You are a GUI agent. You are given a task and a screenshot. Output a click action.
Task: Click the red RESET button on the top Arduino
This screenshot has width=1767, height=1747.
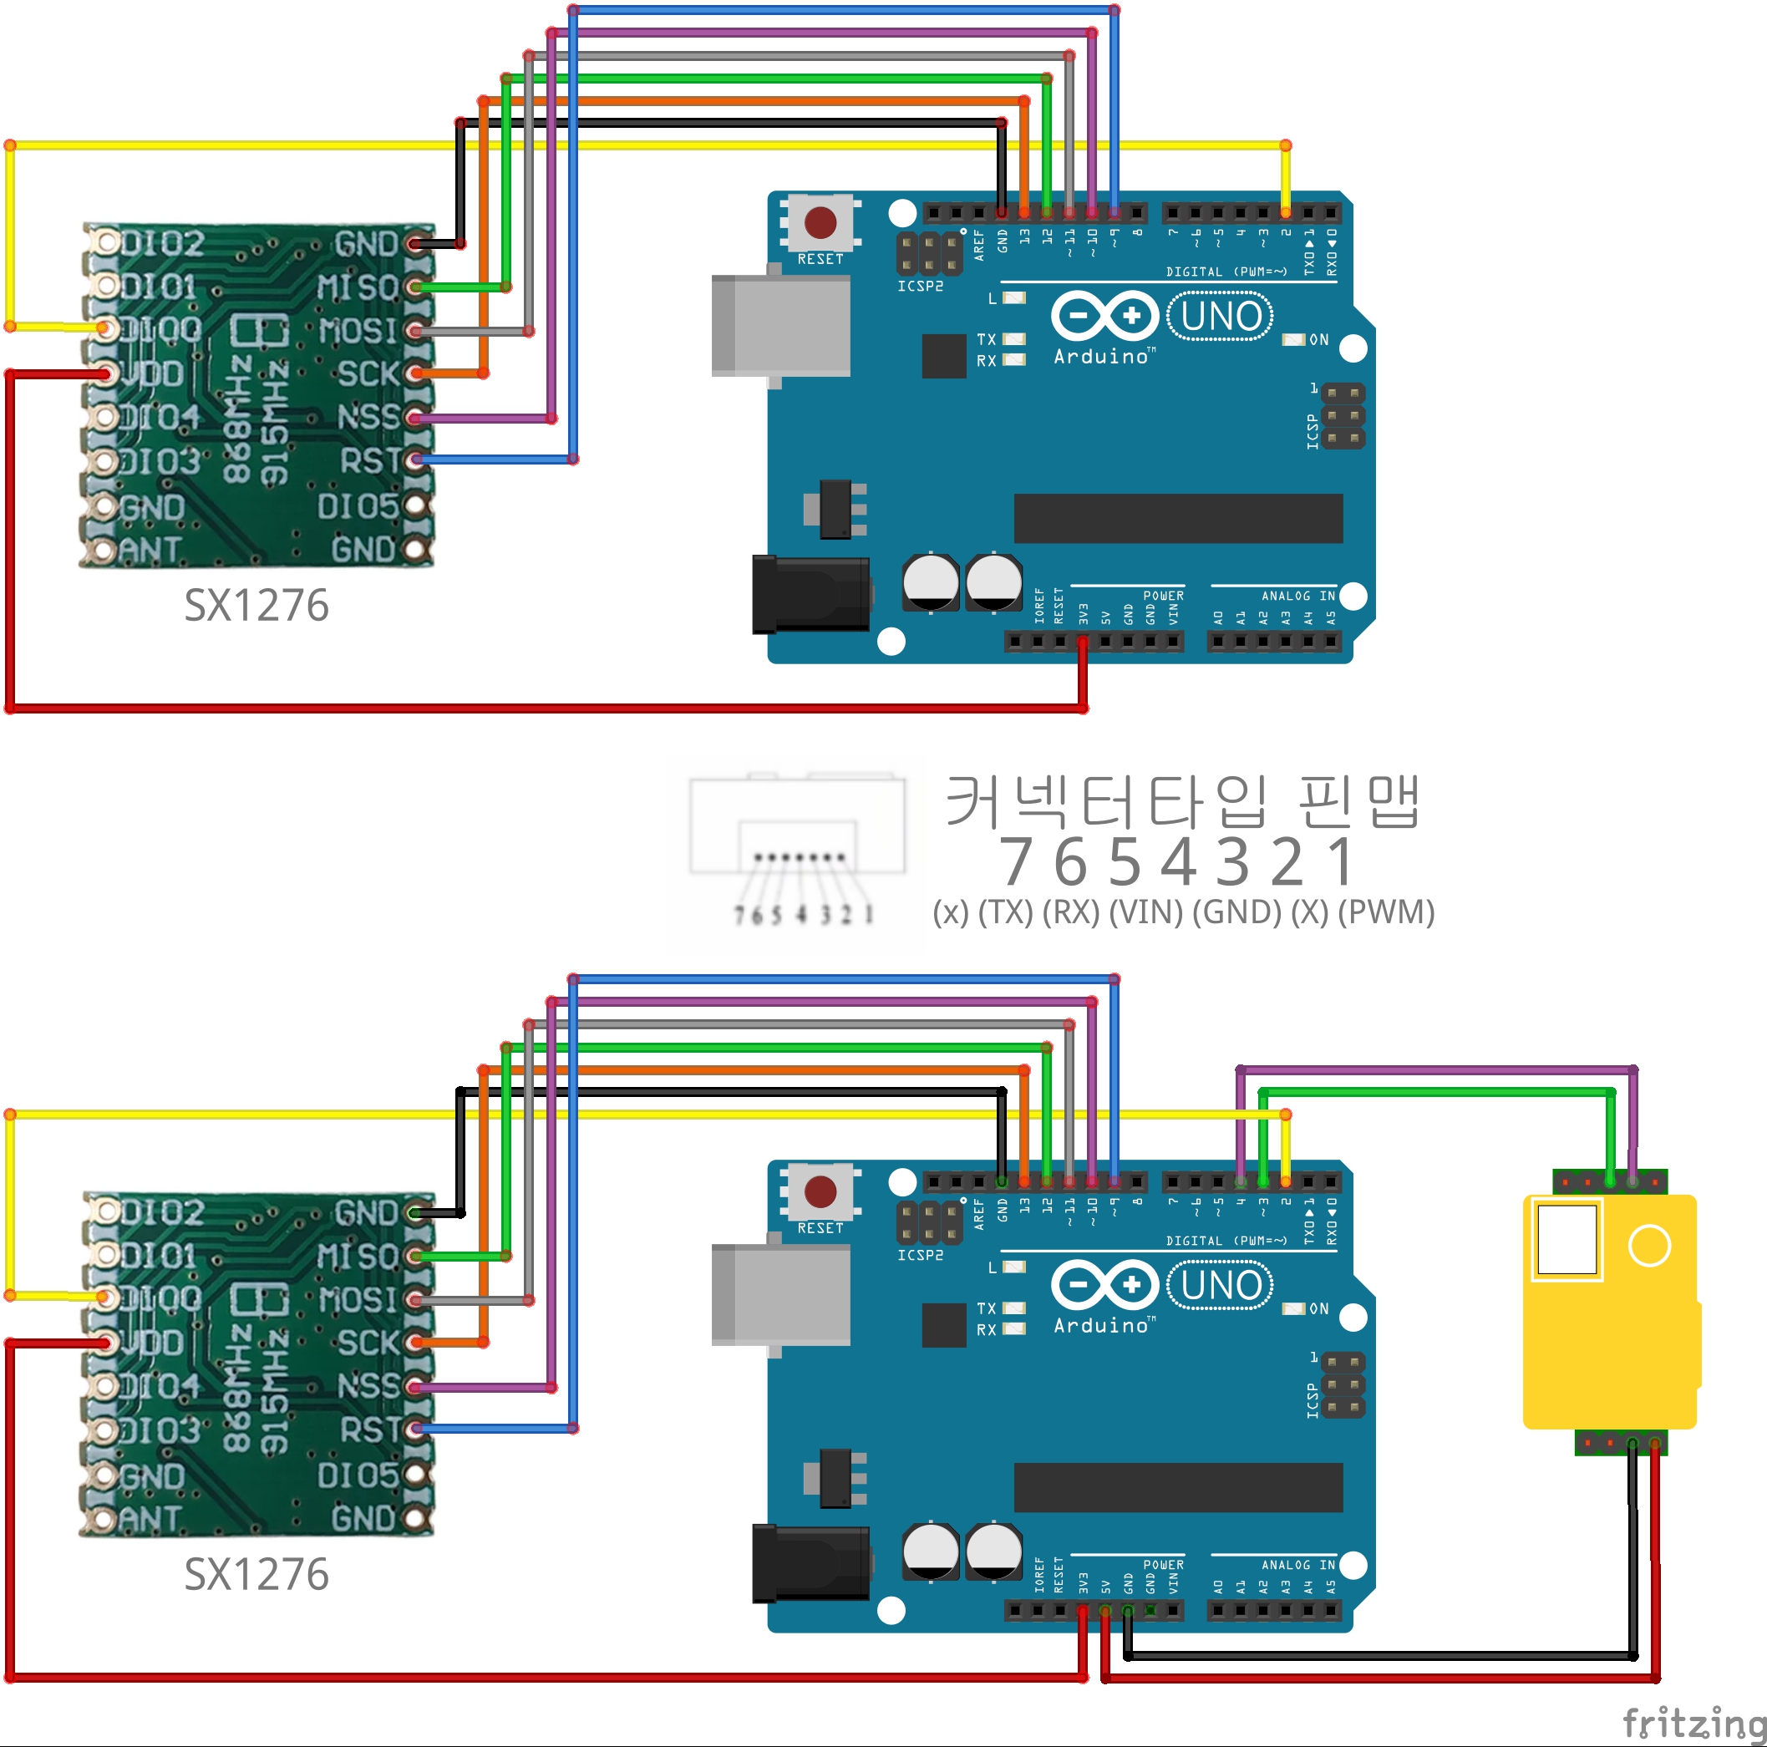pos(820,222)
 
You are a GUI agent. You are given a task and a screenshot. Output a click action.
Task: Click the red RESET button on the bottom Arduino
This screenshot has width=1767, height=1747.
pos(820,1191)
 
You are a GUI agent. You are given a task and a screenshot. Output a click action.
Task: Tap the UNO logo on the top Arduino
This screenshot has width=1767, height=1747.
pos(1220,317)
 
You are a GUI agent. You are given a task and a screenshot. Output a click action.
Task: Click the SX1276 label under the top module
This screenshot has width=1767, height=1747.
pos(256,606)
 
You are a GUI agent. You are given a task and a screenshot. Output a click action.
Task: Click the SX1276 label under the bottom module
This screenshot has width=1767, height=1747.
pos(256,1574)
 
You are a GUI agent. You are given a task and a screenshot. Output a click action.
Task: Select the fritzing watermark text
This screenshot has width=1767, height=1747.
pos(1693,1724)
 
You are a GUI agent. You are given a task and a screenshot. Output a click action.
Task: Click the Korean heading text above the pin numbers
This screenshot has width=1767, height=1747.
pos(1181,800)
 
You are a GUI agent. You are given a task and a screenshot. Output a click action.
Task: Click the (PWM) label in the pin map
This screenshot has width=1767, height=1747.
pos(1386,912)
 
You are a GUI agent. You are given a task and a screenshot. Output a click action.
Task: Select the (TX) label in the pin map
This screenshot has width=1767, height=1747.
pos(1005,912)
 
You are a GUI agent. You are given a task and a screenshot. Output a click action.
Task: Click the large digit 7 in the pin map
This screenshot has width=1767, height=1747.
pos(1017,862)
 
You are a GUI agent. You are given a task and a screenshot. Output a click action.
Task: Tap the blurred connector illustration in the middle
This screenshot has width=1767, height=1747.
pos(798,846)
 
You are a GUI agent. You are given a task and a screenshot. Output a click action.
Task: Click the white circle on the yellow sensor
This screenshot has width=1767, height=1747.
pos(1649,1246)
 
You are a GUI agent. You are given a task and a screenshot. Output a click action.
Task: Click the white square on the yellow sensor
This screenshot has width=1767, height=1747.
pos(1566,1239)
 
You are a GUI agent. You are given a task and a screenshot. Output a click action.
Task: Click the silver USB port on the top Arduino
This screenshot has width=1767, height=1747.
pos(780,326)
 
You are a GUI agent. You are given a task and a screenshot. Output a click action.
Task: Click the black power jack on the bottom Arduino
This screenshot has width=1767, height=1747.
pos(810,1563)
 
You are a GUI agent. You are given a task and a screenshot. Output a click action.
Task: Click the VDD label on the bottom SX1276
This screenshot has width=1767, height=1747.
pos(152,1343)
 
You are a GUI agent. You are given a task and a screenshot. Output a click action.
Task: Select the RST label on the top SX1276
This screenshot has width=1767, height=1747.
pos(369,461)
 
